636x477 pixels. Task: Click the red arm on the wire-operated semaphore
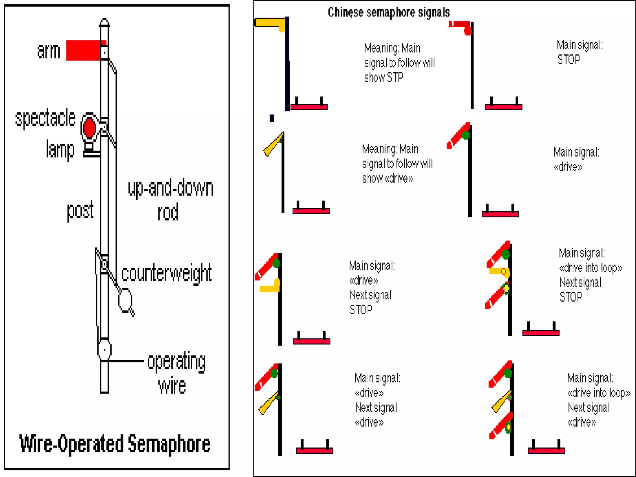84,50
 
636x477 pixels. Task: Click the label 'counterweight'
166,273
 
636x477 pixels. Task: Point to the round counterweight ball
125,300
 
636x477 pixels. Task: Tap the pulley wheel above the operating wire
104,350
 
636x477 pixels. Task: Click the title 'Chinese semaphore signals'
388,12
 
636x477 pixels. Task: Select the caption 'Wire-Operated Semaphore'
115,444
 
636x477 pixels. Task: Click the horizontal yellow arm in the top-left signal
269,23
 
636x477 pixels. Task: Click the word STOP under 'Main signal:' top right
569,59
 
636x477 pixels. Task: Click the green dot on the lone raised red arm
466,135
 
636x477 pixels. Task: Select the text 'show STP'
384,77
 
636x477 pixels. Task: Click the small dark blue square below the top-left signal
272,118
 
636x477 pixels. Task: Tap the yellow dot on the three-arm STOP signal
506,288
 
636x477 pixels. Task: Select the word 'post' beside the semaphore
80,210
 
